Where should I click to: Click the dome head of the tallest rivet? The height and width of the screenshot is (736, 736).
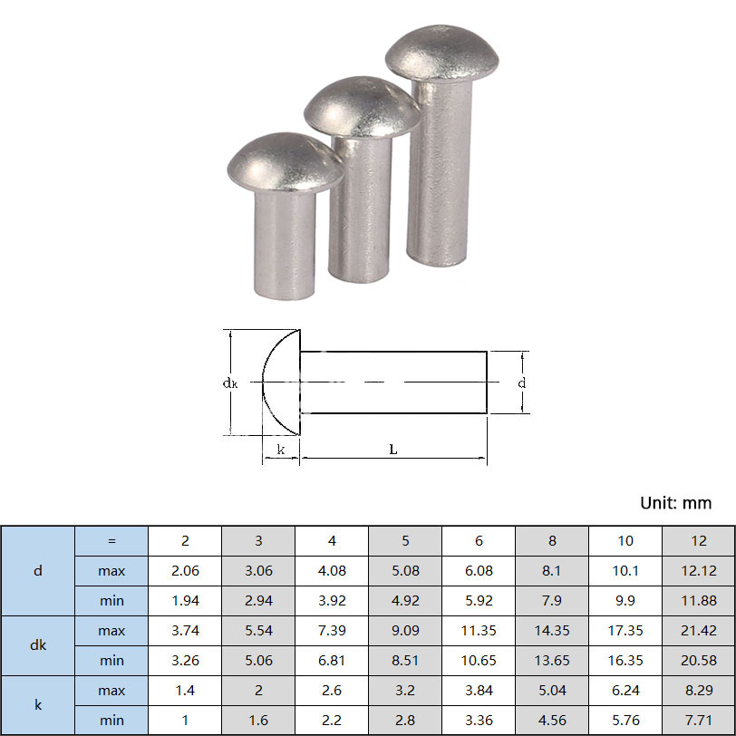pos(441,53)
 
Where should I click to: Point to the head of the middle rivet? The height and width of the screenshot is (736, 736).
pos(362,107)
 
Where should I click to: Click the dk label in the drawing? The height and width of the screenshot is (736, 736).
pos(230,383)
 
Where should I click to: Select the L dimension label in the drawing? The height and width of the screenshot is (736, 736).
pos(393,450)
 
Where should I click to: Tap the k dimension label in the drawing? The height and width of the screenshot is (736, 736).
pos(281,450)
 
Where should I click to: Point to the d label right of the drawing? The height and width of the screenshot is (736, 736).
pos(522,383)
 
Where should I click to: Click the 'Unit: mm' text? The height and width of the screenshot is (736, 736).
pos(676,503)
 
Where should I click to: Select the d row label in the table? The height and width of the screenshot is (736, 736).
pos(38,571)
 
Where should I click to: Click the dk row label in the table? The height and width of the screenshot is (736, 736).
pos(38,645)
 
